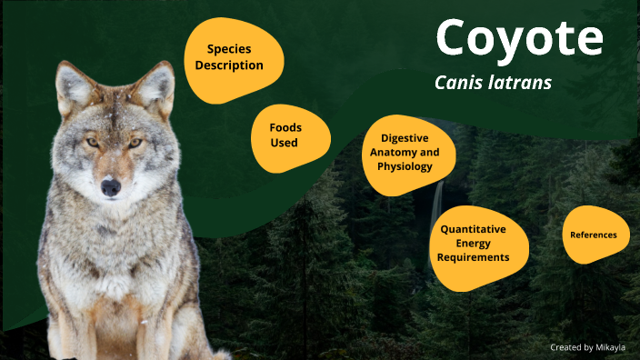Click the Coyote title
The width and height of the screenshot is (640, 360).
coord(519,39)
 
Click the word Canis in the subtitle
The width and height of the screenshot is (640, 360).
coord(461,83)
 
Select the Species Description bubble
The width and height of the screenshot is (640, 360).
coord(235,57)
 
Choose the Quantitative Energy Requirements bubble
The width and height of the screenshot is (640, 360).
coord(473,243)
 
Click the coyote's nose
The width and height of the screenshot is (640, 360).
coord(111,188)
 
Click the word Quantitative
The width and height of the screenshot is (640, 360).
coord(473,229)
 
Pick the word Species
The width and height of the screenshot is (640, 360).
coord(229,49)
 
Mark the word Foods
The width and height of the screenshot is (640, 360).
coord(285,128)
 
